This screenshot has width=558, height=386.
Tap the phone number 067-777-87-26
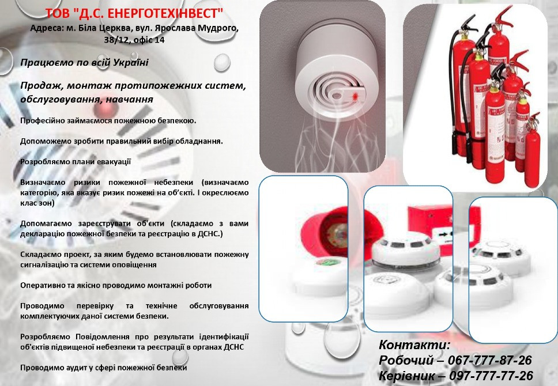(x=489, y=361)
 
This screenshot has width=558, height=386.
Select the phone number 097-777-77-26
(x=492, y=376)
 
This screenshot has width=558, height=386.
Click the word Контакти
(x=414, y=345)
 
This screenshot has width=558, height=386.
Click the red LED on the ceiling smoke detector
(x=355, y=93)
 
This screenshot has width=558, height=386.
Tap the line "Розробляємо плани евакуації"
(x=76, y=162)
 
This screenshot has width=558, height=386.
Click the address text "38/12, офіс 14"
(x=134, y=40)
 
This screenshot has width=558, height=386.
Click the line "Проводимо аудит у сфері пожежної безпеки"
(x=104, y=368)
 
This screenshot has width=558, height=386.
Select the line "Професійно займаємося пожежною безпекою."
(x=108, y=120)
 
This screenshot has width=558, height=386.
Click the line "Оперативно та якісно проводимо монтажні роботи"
(x=116, y=285)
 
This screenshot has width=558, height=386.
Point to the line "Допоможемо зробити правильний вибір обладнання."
(x=121, y=141)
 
